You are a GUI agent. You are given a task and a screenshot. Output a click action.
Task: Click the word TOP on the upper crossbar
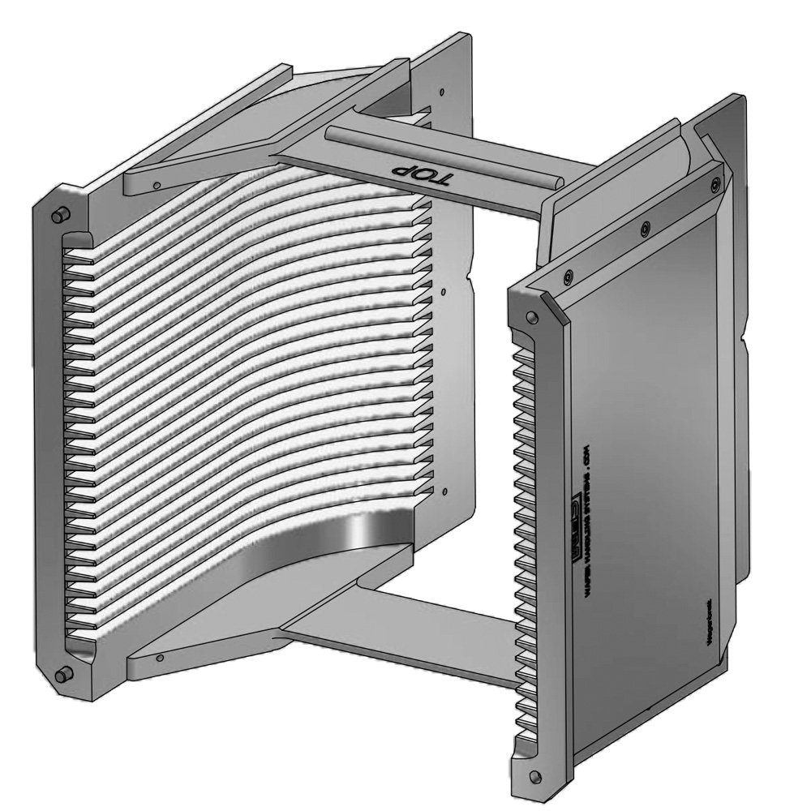click(418, 174)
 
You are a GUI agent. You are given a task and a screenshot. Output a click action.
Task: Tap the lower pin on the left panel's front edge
click(61, 674)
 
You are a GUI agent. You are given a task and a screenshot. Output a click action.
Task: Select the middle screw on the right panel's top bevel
click(645, 229)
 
